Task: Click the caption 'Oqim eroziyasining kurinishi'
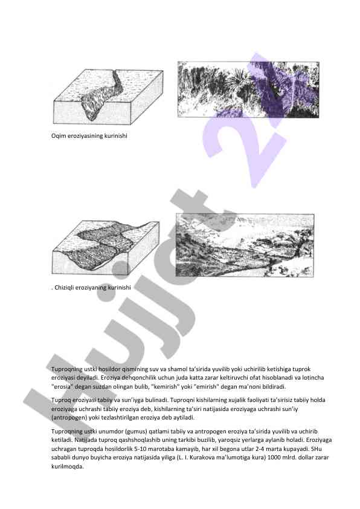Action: point(89,136)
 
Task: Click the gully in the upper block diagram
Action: point(101,97)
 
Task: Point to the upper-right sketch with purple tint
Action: point(248,89)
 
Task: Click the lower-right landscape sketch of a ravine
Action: point(245,245)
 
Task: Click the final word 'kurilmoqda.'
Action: point(68,467)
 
